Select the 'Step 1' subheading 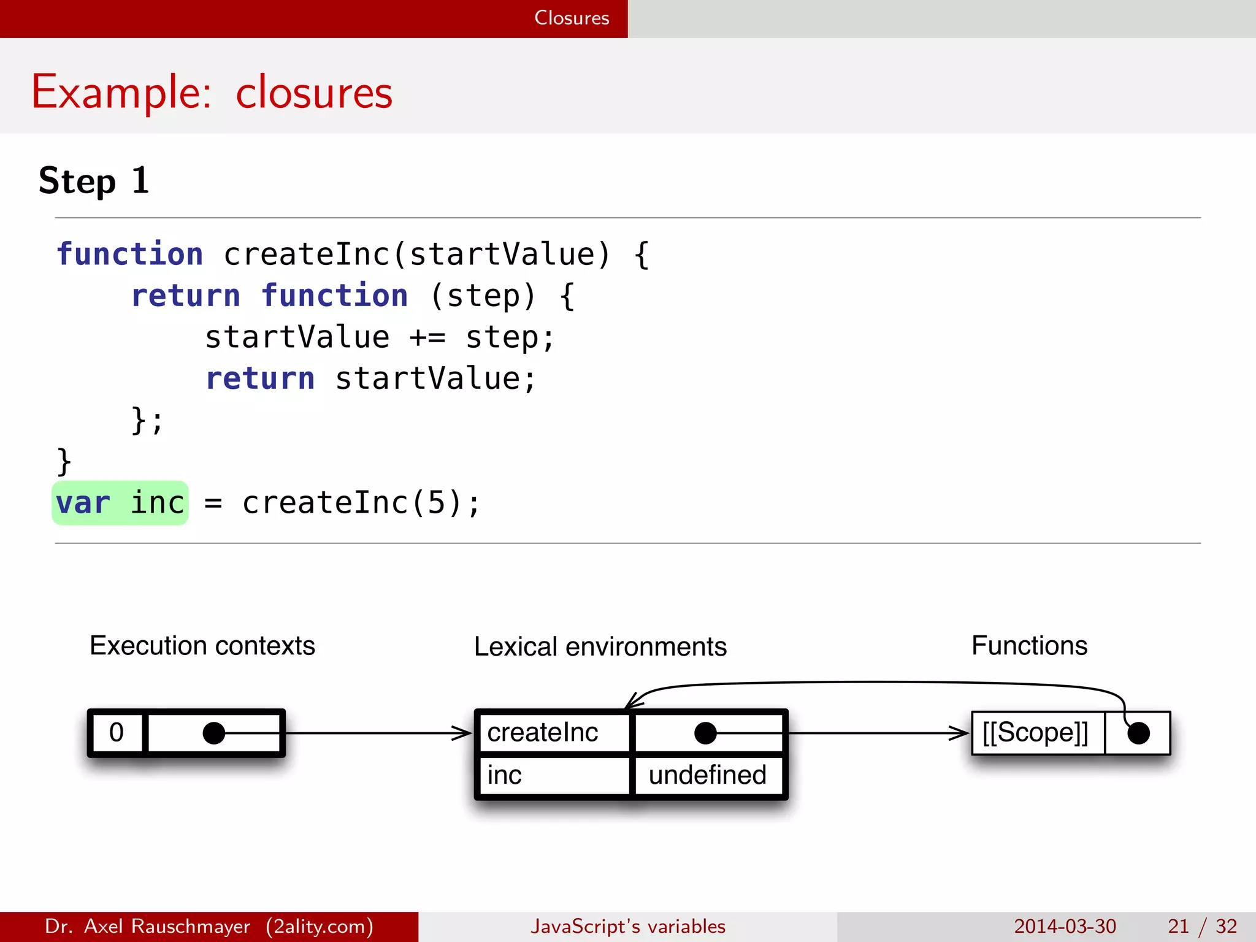point(94,181)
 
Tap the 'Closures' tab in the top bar point(571,18)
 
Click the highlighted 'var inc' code point(120,503)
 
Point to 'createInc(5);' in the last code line point(361,503)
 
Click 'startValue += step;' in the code point(380,337)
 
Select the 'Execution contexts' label point(202,646)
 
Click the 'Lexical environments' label point(600,647)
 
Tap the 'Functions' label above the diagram point(1029,646)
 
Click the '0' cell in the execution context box point(117,733)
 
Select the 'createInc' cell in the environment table point(543,733)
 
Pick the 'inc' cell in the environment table point(505,776)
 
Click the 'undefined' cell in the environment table point(708,776)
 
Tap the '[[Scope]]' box point(1035,733)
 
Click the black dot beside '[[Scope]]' point(1138,733)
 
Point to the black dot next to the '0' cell point(214,733)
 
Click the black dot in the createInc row point(705,733)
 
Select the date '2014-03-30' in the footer point(1065,926)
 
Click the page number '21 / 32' point(1202,926)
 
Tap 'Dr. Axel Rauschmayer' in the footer point(147,926)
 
